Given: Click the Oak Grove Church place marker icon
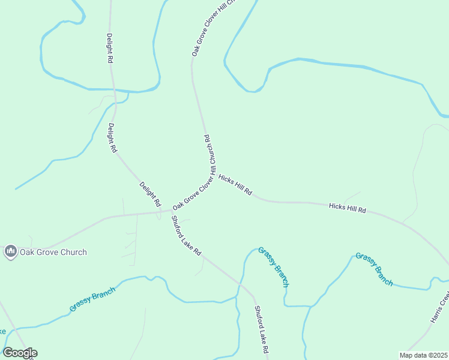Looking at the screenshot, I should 10,252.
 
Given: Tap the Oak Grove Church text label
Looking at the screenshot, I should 53,253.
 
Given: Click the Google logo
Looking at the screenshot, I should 20,353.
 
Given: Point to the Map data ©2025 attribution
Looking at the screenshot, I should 423,355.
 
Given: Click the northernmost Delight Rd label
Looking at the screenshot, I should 110,48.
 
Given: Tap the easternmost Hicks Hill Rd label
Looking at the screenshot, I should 348,208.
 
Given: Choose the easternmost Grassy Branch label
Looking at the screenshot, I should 374,269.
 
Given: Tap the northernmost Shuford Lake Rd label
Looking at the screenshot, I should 186,236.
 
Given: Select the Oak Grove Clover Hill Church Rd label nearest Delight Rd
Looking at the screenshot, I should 193,193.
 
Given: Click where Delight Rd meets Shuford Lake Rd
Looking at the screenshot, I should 169,211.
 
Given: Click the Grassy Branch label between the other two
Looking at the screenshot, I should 274,266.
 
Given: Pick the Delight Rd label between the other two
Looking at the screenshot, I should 112,137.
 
